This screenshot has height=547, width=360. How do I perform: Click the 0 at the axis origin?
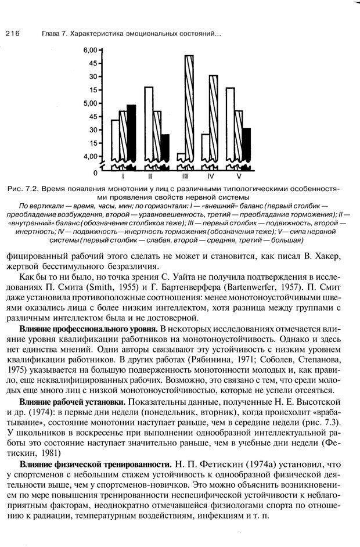[95, 173]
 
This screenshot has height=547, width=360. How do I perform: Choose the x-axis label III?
[185, 175]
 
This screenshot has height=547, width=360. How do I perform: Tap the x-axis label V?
[239, 175]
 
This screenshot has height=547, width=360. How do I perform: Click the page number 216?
[13, 34]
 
